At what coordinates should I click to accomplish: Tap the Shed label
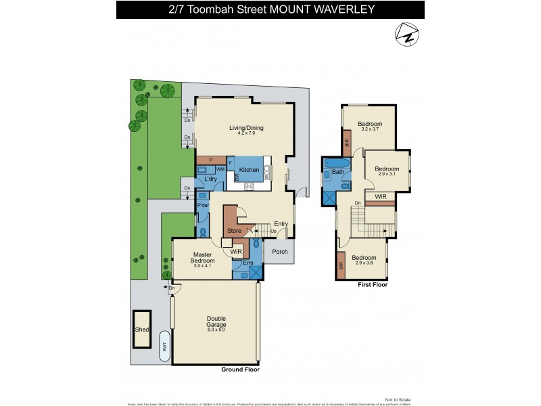point(141,330)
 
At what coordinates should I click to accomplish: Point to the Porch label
point(279,252)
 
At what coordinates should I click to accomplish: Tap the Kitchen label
point(249,170)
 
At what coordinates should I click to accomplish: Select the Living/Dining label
point(246,128)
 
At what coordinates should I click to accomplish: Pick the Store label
point(234,231)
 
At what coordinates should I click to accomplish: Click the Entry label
point(281,224)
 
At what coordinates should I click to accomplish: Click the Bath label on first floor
point(337,172)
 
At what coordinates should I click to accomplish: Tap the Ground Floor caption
point(240,370)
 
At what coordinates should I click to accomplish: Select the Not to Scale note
point(396,400)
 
